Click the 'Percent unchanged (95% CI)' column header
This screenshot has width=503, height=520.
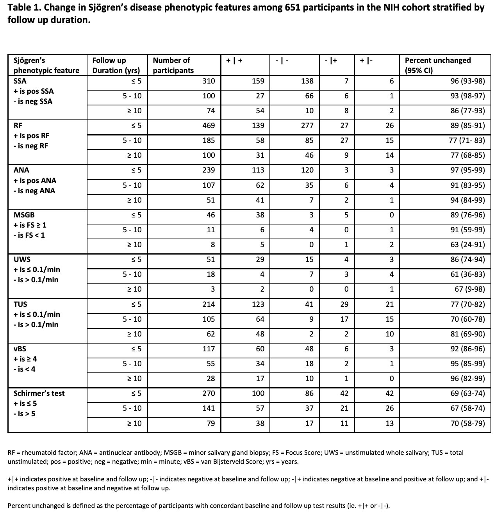(x=437, y=65)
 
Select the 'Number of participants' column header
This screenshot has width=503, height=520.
(x=173, y=65)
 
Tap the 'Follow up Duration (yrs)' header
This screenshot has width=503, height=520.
(x=116, y=65)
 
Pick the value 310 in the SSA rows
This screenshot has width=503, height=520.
(x=209, y=81)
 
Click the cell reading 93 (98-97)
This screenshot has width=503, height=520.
(x=467, y=96)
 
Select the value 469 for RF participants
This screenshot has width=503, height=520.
(x=209, y=126)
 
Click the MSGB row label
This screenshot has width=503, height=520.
(x=24, y=215)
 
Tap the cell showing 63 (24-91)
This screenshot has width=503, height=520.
(x=467, y=245)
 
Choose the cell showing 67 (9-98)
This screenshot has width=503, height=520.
(x=470, y=289)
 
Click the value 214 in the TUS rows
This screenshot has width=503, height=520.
(x=209, y=305)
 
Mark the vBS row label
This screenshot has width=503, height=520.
(x=20, y=349)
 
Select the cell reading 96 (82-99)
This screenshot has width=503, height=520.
(x=467, y=379)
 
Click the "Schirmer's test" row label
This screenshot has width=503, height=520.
(x=39, y=394)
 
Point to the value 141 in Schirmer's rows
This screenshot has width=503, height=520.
(x=209, y=408)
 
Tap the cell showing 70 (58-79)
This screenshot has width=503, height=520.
(x=467, y=424)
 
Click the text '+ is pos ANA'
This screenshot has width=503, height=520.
(x=35, y=181)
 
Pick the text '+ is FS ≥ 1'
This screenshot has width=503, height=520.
(x=30, y=225)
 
